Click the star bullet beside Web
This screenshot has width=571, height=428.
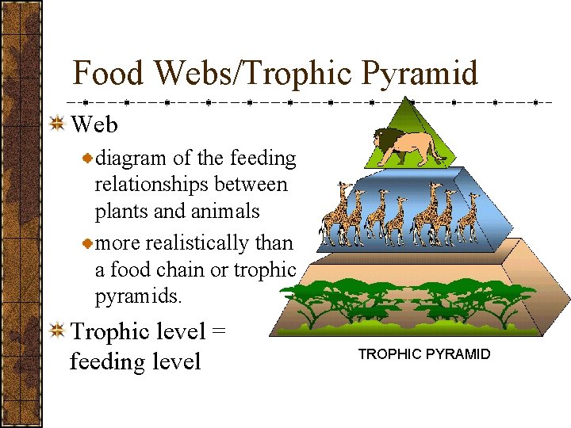[57, 125]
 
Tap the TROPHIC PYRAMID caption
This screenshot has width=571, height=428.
[424, 354]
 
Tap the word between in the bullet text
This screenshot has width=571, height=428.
[255, 185]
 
